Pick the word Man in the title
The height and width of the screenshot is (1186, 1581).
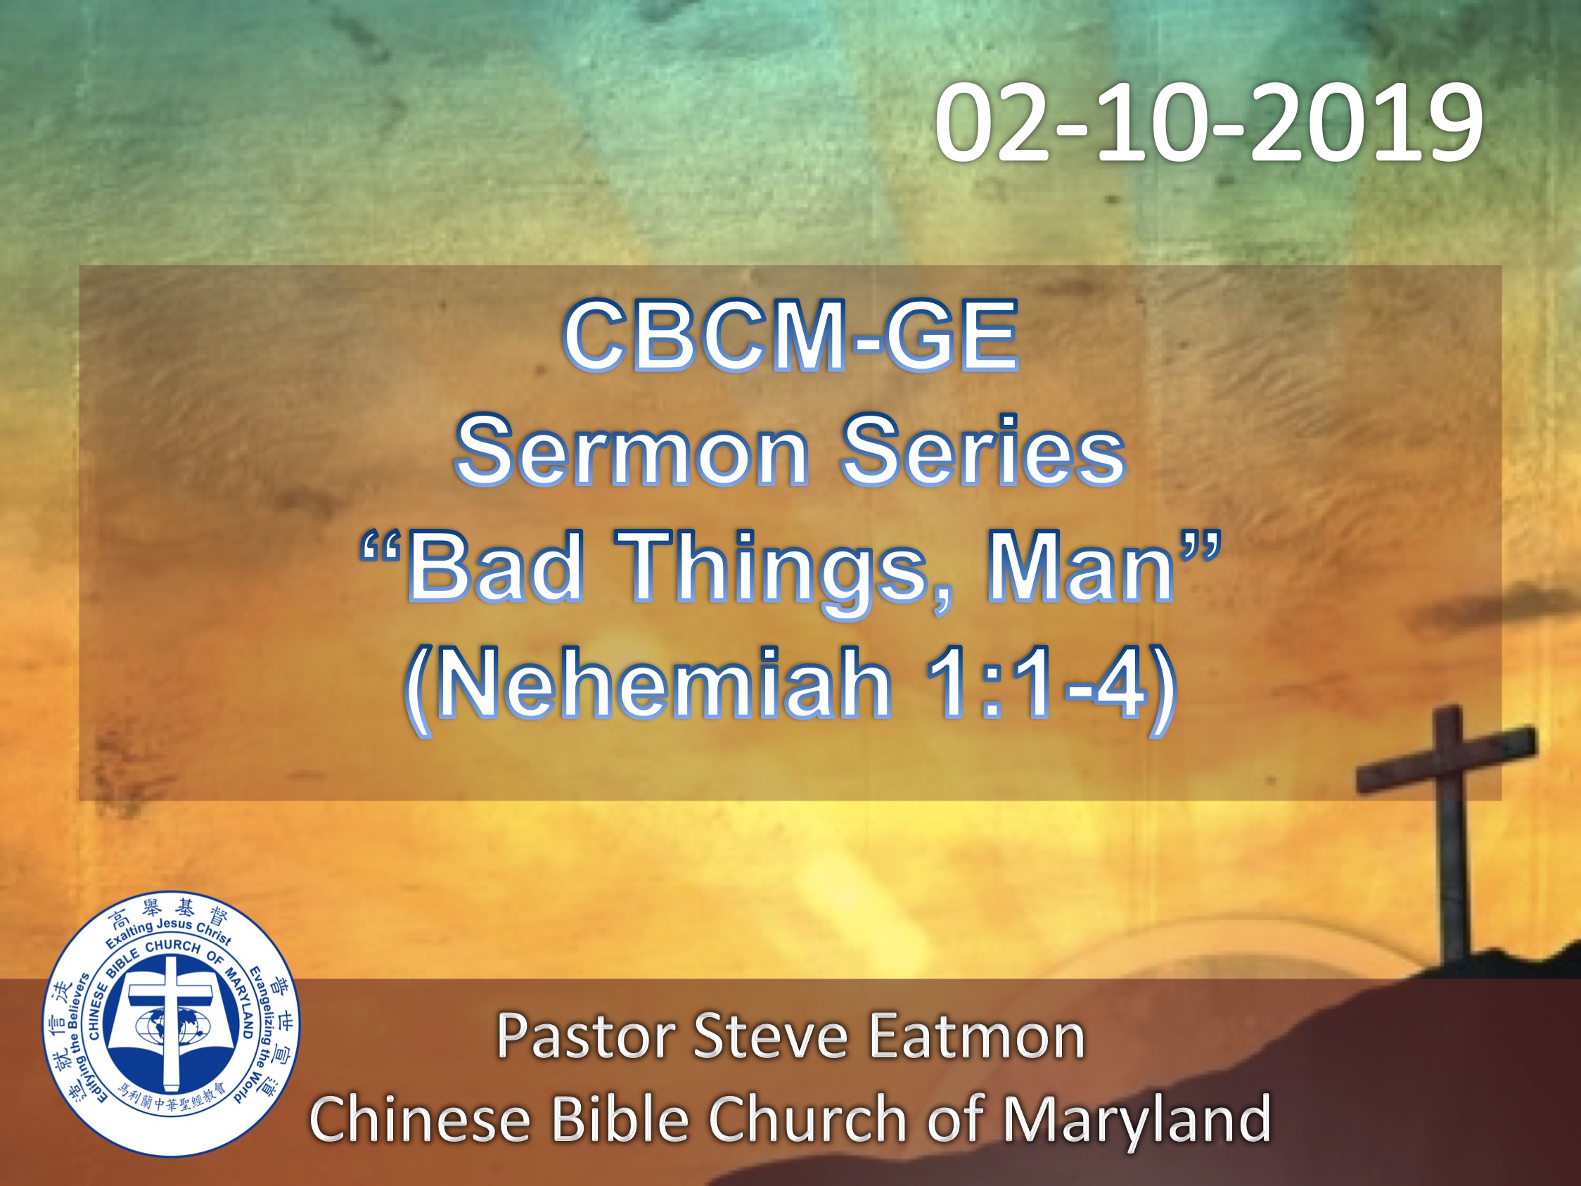(1080, 567)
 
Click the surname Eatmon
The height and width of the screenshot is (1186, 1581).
(977, 1036)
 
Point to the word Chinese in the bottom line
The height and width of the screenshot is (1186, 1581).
(420, 1118)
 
